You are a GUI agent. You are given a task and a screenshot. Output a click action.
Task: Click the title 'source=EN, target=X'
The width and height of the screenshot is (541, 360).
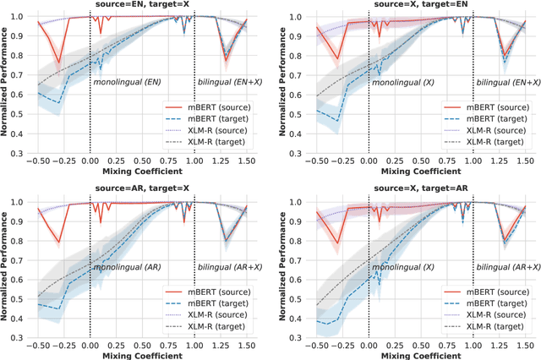141,6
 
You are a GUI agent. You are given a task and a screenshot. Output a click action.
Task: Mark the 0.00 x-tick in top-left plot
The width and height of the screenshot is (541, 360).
90,159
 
